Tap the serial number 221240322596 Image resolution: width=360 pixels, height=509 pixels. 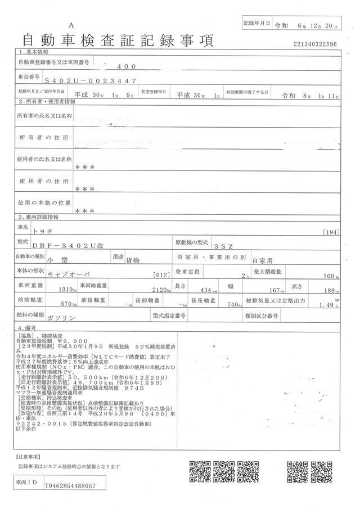(x=315, y=43)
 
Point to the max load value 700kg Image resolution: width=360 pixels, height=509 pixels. (x=329, y=276)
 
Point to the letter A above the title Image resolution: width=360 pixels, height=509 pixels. (x=71, y=26)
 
